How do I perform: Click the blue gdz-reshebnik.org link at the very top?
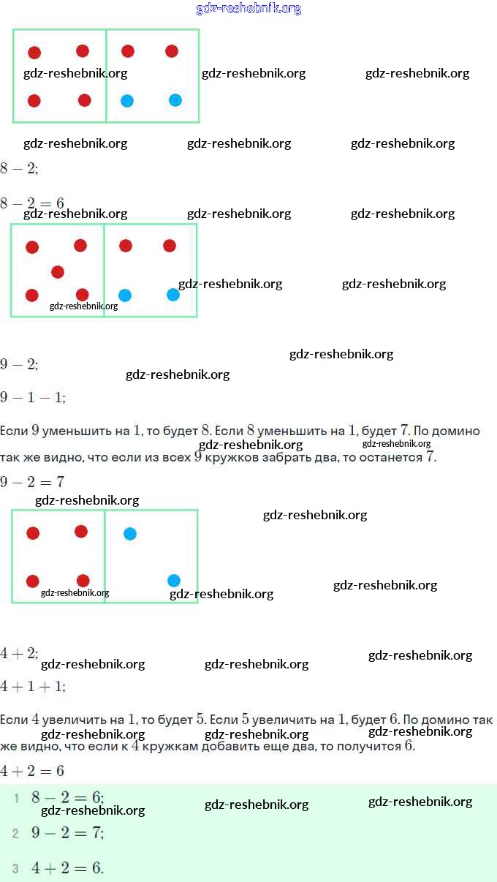(x=248, y=9)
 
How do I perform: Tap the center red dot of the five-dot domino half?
(x=58, y=272)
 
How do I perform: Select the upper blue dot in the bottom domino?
(x=130, y=534)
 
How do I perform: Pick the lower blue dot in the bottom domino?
(x=174, y=581)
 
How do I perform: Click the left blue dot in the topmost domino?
(x=127, y=101)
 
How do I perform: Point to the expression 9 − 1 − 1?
(x=33, y=397)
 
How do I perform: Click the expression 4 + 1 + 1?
(x=33, y=687)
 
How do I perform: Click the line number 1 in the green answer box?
(x=16, y=798)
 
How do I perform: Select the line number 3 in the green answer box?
(x=15, y=869)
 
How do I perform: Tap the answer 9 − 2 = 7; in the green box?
(x=67, y=832)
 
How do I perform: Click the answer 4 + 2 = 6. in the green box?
(x=67, y=868)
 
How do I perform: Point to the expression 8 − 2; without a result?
(x=19, y=168)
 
